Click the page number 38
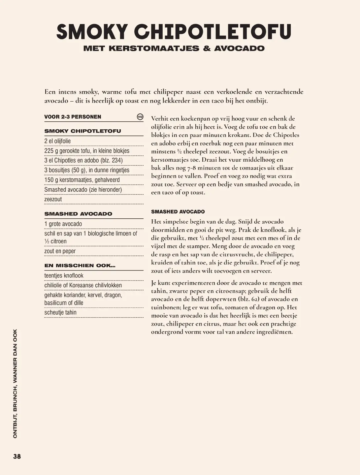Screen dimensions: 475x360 (17, 457)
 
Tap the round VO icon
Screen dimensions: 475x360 (140, 117)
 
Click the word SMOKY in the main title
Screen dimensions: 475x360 (92, 32)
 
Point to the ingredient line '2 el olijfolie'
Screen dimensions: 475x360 (57, 141)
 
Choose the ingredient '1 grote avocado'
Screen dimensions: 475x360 (63, 224)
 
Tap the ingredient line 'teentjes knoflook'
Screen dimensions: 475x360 (64, 276)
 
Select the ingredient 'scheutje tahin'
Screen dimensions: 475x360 (60, 313)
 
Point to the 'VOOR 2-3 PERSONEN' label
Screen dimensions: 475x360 (73, 117)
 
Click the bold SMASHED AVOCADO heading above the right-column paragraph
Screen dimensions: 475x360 (178, 212)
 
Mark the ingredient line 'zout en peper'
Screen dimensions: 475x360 (60, 251)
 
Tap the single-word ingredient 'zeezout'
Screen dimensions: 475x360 (53, 200)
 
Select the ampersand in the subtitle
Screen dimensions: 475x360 (207, 48)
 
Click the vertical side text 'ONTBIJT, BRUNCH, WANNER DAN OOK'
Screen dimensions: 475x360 (15, 384)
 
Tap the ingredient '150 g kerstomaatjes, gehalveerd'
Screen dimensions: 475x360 (82, 180)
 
